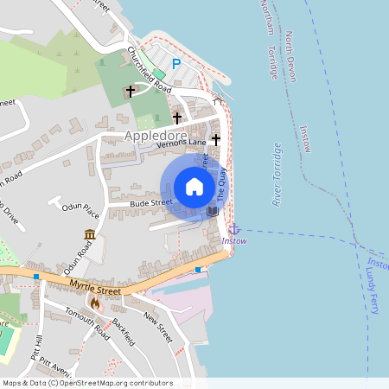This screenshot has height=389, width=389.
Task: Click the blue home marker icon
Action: (194, 186)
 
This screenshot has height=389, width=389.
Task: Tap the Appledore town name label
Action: (156, 137)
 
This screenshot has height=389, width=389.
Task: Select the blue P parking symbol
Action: (176, 63)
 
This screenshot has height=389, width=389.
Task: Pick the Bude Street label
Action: (146, 203)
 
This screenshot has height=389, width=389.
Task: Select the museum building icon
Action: (90, 234)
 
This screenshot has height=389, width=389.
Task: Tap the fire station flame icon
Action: (94, 303)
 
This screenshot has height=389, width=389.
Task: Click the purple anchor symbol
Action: (233, 228)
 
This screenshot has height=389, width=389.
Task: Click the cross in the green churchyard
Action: (131, 90)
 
